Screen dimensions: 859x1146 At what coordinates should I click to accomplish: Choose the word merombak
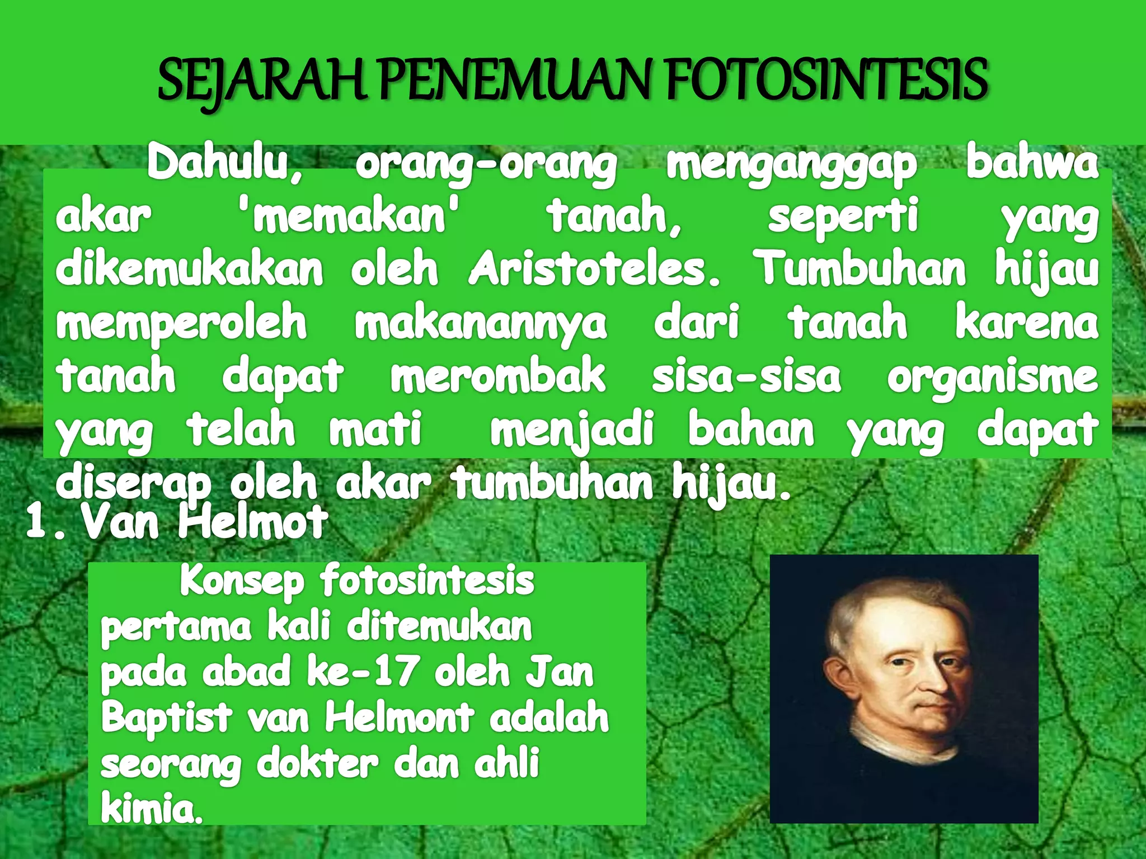click(497, 376)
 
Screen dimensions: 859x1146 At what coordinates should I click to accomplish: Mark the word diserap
click(133, 484)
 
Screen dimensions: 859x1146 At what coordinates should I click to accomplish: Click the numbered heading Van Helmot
click(204, 523)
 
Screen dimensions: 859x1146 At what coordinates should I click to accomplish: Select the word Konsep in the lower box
click(242, 582)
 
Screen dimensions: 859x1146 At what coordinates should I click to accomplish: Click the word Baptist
click(166, 718)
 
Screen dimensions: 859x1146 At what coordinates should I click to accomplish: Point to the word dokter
click(317, 763)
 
